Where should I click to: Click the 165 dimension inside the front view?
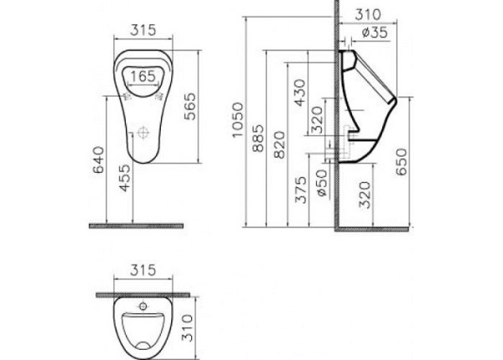tap(143, 75)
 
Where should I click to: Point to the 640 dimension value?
tap(97, 157)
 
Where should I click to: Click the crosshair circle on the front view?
tap(144, 133)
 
